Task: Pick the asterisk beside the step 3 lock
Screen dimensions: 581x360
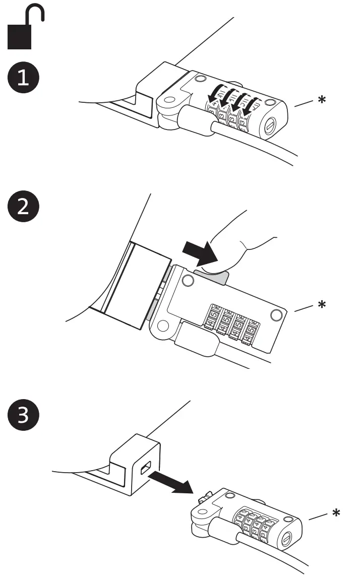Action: tap(335, 514)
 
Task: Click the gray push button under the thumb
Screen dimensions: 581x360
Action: tap(212, 275)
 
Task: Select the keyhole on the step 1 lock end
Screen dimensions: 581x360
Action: tap(271, 123)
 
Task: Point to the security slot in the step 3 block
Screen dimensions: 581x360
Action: tap(144, 470)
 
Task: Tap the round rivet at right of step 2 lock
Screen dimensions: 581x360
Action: tap(276, 315)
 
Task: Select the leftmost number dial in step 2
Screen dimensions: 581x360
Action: tap(214, 321)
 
